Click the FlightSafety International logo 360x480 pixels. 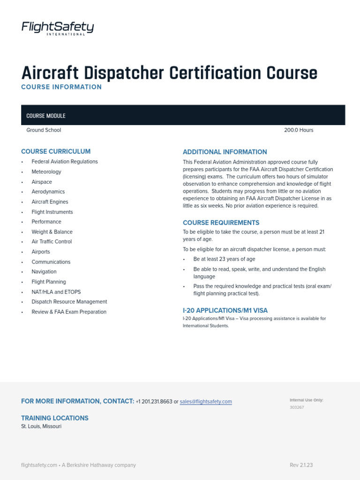tap(58, 29)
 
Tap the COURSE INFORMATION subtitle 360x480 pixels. tap(61, 87)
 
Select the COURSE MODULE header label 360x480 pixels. tap(46, 116)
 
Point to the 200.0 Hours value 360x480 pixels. tap(299, 130)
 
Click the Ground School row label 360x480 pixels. tap(44, 130)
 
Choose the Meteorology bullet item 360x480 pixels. tap(46, 172)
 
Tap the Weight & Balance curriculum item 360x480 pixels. tap(52, 232)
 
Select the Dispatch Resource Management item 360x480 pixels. tap(69, 302)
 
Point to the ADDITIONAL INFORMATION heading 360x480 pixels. tap(225, 152)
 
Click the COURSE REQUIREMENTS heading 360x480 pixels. tap(221, 223)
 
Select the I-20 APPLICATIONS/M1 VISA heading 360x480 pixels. tap(225, 310)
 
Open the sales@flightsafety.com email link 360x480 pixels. tap(206, 402)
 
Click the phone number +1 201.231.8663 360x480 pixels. tap(154, 402)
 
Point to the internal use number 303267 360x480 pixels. tap(297, 408)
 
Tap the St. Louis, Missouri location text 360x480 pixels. tap(41, 427)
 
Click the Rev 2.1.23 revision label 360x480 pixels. tap(301, 465)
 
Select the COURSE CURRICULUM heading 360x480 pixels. tap(56, 151)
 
